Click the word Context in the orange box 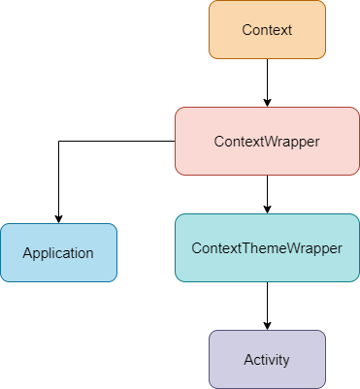pyautogui.click(x=267, y=30)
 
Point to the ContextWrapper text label pyautogui.click(x=267, y=142)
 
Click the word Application pyautogui.click(x=58, y=253)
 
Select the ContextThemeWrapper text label pyautogui.click(x=267, y=248)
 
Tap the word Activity pyautogui.click(x=267, y=360)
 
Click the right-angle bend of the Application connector pyautogui.click(x=58, y=142)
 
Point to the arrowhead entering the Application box pyautogui.click(x=58, y=219)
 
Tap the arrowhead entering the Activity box pyautogui.click(x=267, y=326)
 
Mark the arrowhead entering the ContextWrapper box pyautogui.click(x=267, y=103)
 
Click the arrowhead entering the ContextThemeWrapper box pyautogui.click(x=267, y=210)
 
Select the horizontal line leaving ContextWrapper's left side pyautogui.click(x=116, y=142)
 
